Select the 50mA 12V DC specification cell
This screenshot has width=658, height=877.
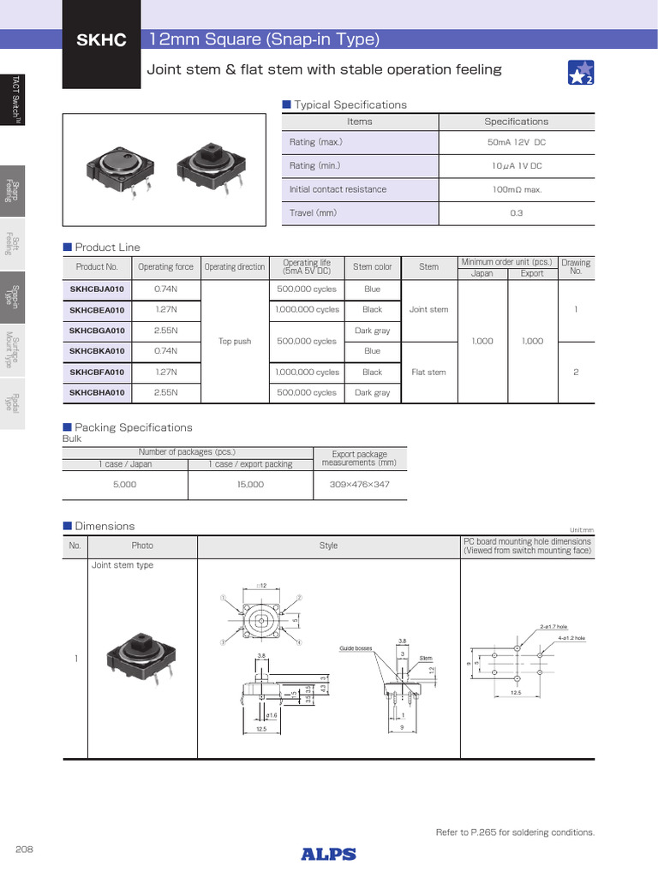click(x=516, y=142)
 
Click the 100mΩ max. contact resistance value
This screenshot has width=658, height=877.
click(x=516, y=189)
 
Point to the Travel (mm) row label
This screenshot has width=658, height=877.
click(x=313, y=212)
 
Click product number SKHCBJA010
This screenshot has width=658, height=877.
click(x=97, y=289)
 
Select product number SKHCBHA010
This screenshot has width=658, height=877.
click(x=97, y=393)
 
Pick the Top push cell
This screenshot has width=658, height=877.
click(x=235, y=341)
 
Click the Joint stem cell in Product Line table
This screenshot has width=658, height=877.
click(x=428, y=310)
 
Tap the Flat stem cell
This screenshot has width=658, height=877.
click(x=428, y=373)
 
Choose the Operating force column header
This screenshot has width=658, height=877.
click(x=165, y=267)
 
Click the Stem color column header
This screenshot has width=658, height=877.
click(x=372, y=267)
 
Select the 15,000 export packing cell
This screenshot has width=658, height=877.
click(x=250, y=485)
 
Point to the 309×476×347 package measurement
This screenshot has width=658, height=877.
click(x=359, y=485)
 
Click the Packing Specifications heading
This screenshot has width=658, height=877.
click(x=133, y=427)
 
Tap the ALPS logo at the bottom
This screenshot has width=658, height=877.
click(x=328, y=853)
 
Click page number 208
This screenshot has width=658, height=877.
click(x=25, y=848)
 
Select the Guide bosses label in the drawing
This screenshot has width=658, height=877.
click(x=356, y=649)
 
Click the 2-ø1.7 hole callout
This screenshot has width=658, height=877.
click(x=553, y=627)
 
